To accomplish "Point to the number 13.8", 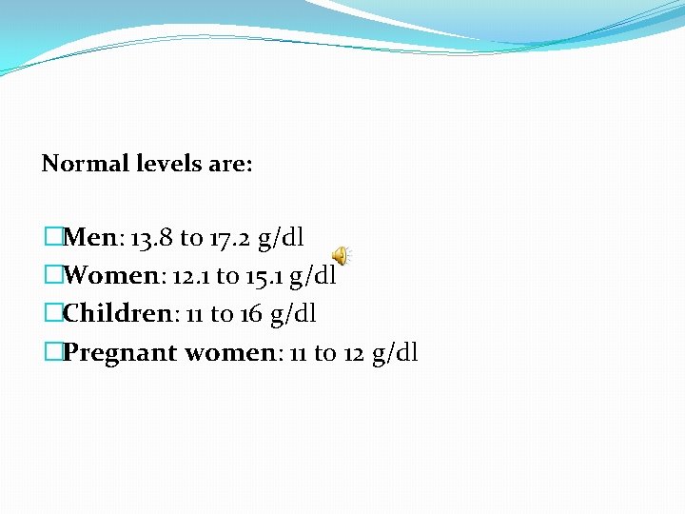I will [x=150, y=237].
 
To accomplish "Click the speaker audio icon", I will [x=341, y=255].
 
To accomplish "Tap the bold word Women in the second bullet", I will [x=108, y=276].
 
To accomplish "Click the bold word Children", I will [x=114, y=314].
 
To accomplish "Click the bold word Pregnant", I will [x=120, y=353].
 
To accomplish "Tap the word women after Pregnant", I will [x=229, y=353].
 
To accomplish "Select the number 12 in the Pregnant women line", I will [x=354, y=353].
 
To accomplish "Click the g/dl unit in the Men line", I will [x=281, y=238].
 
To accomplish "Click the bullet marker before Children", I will [x=52, y=314].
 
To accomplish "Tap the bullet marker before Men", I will [x=52, y=237].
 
